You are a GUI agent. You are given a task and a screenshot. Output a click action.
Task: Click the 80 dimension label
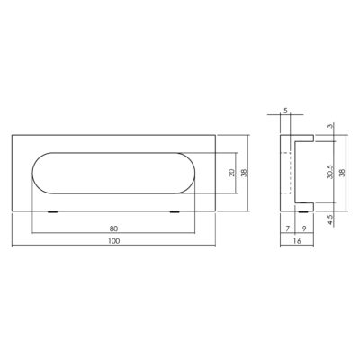(113, 229)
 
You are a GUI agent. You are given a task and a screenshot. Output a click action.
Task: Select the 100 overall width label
(113, 241)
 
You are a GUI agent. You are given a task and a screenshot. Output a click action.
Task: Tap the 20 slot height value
(231, 173)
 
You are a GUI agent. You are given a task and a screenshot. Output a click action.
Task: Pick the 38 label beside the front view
(245, 173)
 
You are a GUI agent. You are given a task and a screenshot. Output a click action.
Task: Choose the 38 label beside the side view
(342, 173)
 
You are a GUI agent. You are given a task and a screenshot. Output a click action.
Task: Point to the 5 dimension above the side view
(285, 111)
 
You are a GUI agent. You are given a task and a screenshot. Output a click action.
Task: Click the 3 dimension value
(330, 126)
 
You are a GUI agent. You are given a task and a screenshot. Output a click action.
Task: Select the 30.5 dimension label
(330, 172)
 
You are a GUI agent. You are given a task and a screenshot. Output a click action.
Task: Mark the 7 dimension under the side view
(287, 229)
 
